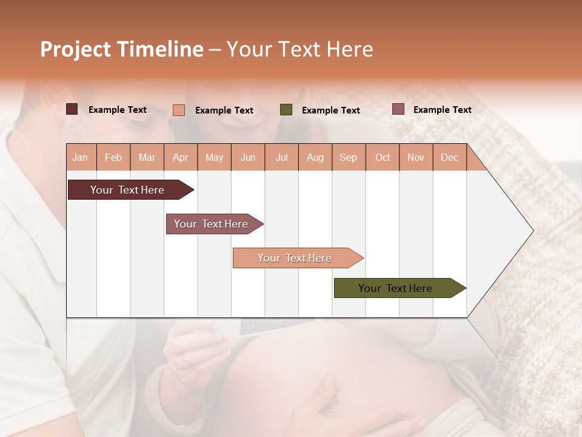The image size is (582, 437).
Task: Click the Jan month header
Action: coord(81,157)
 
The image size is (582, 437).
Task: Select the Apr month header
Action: coord(181,157)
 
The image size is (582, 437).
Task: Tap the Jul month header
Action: coord(281,157)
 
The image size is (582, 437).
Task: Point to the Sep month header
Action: coord(349,157)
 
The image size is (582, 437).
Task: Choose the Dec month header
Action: coord(449,157)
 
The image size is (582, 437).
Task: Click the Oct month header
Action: coord(383,157)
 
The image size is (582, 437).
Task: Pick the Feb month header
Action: coord(113,157)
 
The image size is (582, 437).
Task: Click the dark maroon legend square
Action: coord(72,109)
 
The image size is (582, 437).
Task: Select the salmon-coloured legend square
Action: coord(179,110)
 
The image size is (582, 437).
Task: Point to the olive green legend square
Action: coord(286,110)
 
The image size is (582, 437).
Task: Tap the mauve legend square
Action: coord(398,109)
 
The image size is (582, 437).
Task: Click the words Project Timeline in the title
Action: coord(121,49)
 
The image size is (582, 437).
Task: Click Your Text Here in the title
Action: coord(300,49)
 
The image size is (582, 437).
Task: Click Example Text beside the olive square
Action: coord(331,110)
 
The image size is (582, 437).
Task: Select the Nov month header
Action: coord(416,157)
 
